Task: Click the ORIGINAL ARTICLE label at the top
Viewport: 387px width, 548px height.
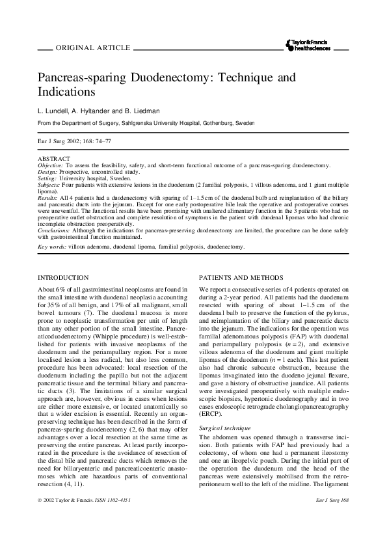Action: tap(94, 48)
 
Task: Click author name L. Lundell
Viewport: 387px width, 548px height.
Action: tap(54, 110)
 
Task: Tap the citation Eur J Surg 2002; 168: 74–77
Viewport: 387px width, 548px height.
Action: tap(74, 140)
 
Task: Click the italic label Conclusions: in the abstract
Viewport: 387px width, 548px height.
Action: tap(53, 230)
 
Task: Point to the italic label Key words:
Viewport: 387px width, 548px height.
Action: tap(52, 247)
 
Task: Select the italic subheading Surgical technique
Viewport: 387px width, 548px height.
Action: tap(226, 411)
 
